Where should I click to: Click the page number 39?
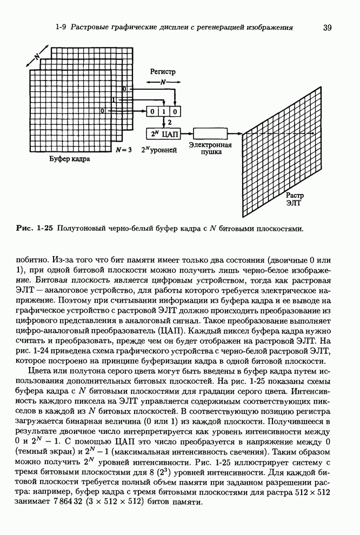[x=326, y=28]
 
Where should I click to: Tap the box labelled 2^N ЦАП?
[x=163, y=132]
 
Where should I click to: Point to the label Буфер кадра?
[x=70, y=160]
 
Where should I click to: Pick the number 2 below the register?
[x=169, y=122]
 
